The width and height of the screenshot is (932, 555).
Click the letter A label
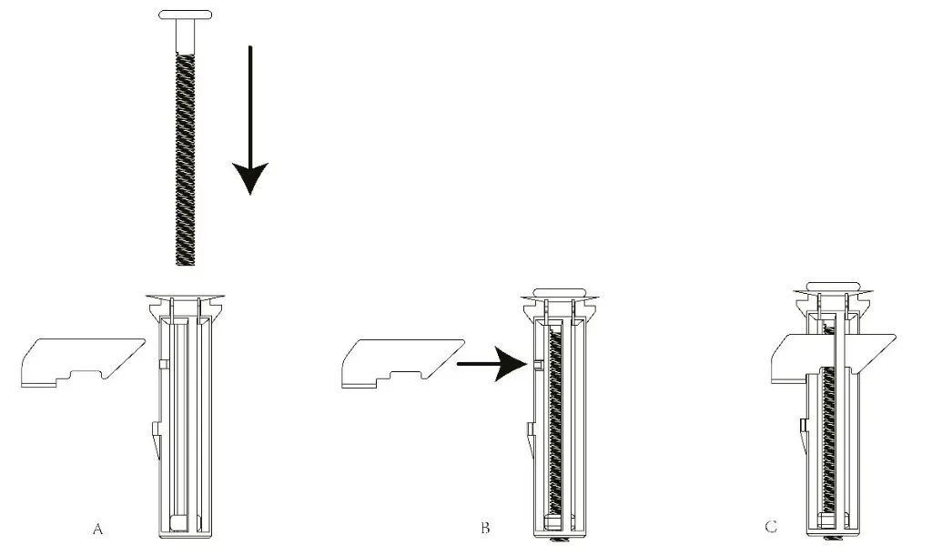tap(98, 528)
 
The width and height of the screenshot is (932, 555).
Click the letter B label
tap(484, 528)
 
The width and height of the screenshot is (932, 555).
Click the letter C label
tap(772, 528)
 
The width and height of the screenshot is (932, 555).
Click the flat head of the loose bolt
tap(187, 15)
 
